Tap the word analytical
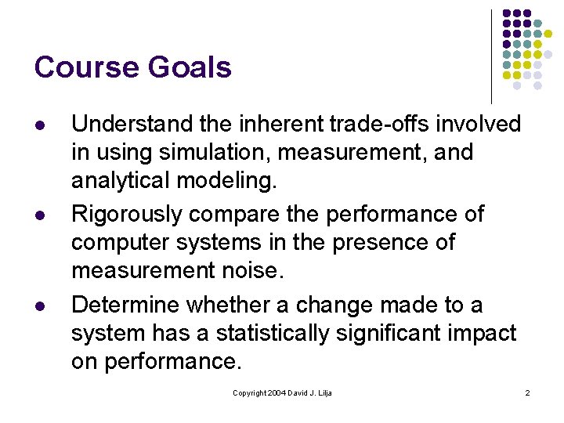pos(121,180)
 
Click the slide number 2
pos(527,392)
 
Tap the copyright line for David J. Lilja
pos(282,392)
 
